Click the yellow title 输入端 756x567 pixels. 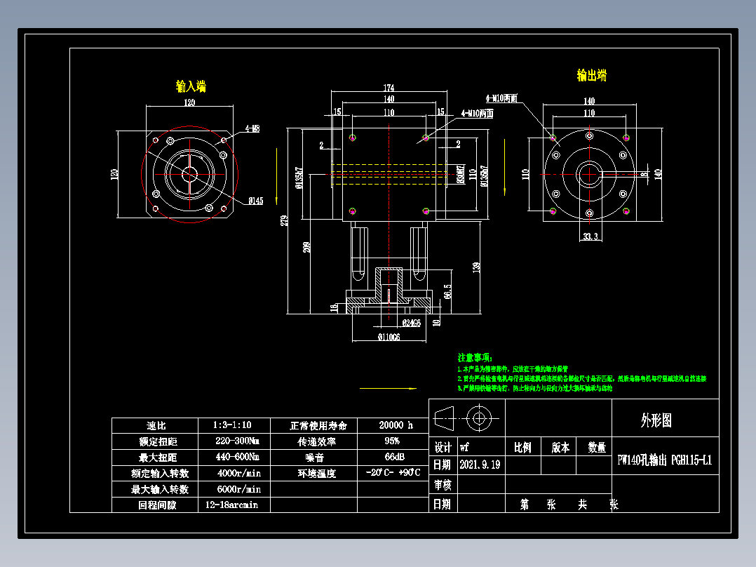click(191, 86)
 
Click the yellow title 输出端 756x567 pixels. click(591, 75)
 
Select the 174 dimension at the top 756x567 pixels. click(389, 88)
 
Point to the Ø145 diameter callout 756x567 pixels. click(255, 201)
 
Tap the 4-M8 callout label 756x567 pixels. click(252, 129)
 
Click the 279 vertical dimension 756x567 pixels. click(283, 220)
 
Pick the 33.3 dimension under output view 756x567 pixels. click(590, 237)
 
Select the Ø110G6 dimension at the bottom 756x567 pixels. click(389, 338)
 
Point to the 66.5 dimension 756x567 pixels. click(447, 291)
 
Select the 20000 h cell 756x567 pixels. click(396, 425)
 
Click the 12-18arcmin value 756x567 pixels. click(231, 505)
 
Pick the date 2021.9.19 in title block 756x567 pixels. click(480, 465)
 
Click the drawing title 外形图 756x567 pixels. click(656, 420)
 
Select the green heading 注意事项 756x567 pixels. click(475, 357)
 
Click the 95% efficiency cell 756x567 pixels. click(392, 441)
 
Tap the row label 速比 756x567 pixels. click(156, 425)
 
